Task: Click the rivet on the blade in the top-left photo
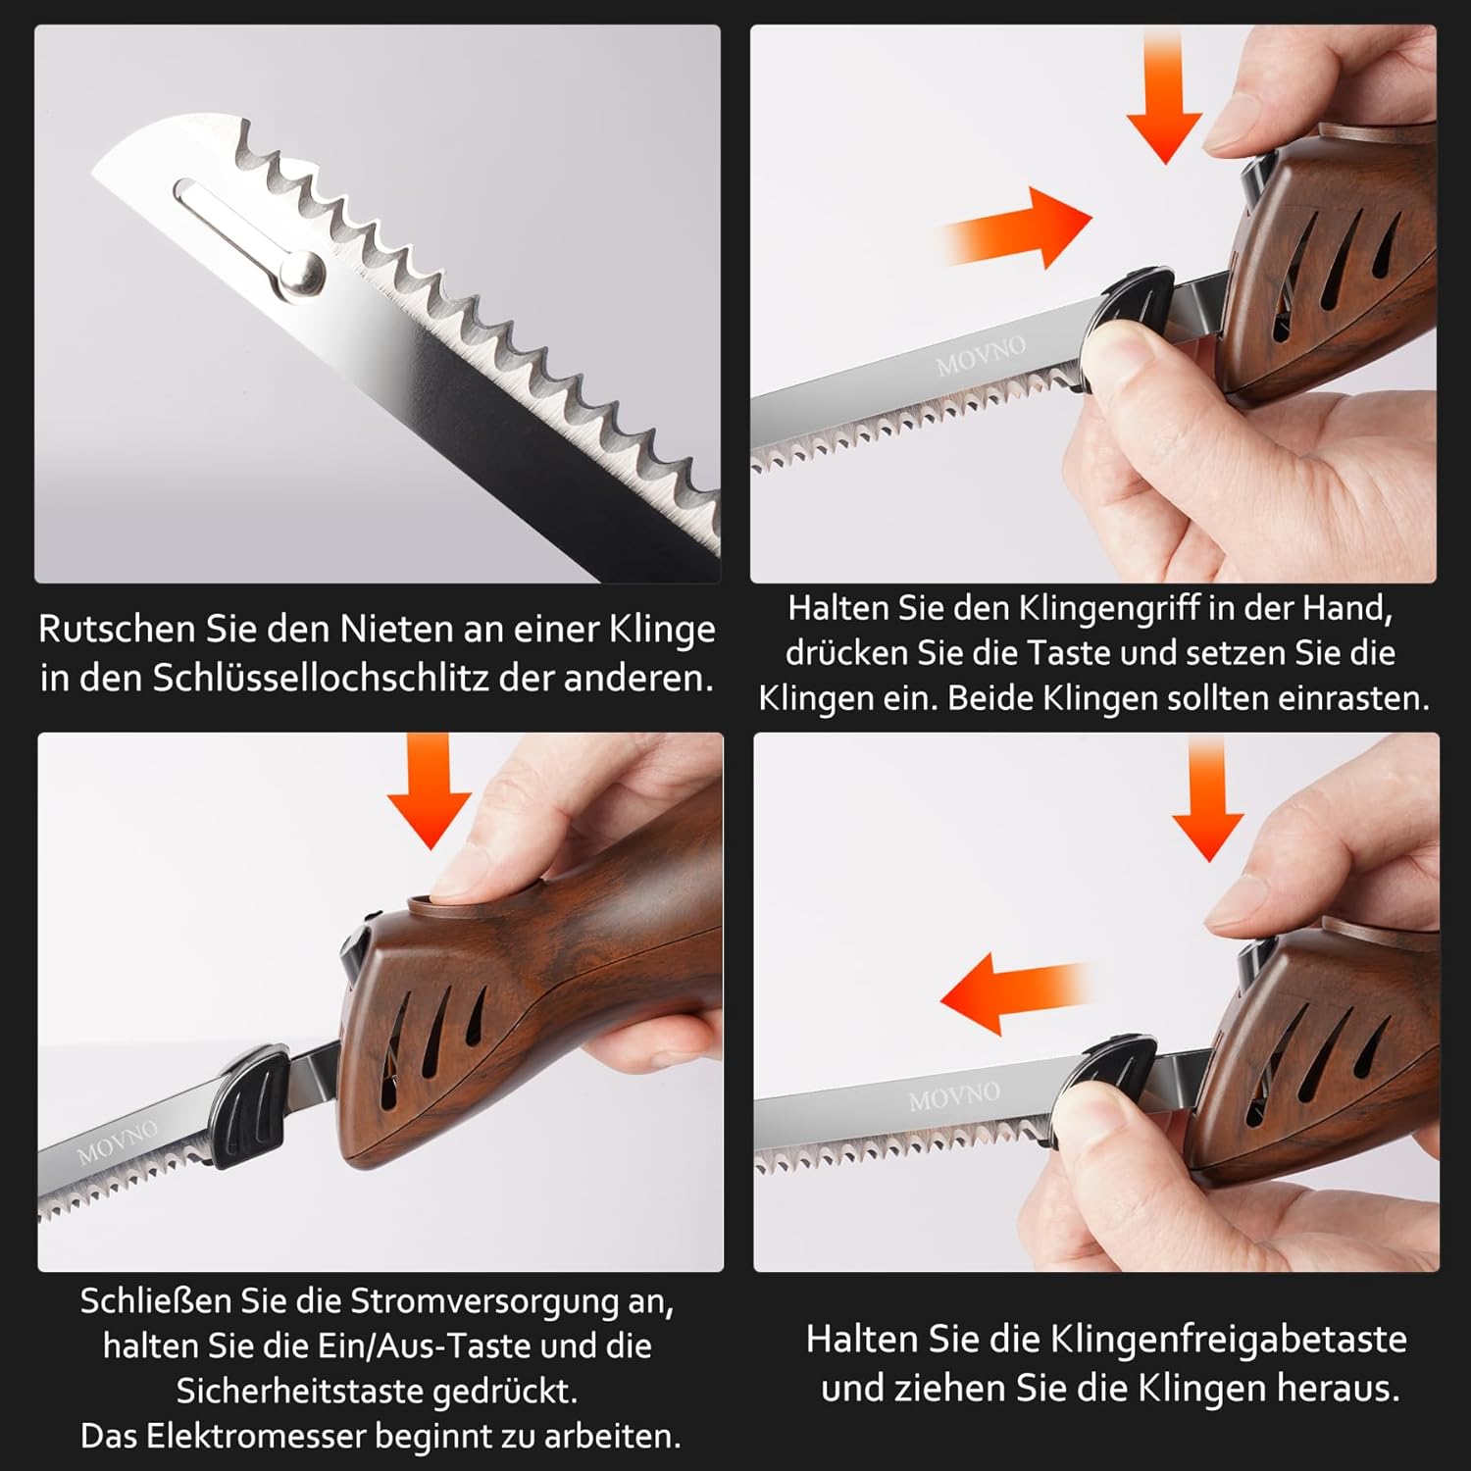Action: (x=303, y=272)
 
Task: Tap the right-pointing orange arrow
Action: (x=1015, y=228)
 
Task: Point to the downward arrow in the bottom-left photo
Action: (x=430, y=790)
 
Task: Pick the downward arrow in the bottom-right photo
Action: (x=1207, y=798)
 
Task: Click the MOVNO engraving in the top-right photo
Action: (x=980, y=355)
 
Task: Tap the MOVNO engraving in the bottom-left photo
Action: (x=117, y=1141)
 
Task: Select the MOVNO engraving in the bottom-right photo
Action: (x=954, y=1095)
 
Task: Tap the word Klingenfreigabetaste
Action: (x=1229, y=1339)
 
